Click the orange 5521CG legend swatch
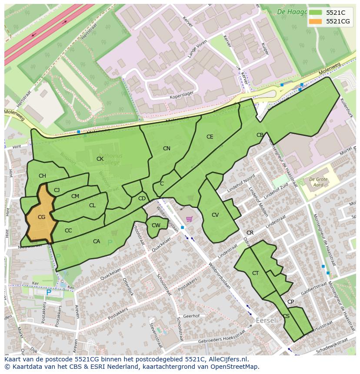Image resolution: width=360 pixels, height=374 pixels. pyautogui.click(x=316, y=21)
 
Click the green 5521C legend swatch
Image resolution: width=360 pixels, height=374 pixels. pyautogui.click(x=316, y=13)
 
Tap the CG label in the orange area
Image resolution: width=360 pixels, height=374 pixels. pyautogui.click(x=41, y=217)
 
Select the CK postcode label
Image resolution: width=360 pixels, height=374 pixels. pyautogui.click(x=100, y=159)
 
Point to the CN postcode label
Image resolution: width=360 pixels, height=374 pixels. pyautogui.click(x=167, y=149)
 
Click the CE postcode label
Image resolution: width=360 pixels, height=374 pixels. pyautogui.click(x=210, y=137)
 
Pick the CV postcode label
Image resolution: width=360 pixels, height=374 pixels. pyautogui.click(x=215, y=215)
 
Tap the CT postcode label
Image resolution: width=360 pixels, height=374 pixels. pyautogui.click(x=255, y=273)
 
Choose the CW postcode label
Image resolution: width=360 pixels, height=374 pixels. pyautogui.click(x=156, y=225)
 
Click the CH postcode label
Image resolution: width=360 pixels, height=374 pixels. pyautogui.click(x=42, y=176)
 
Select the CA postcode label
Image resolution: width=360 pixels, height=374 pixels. pyautogui.click(x=97, y=242)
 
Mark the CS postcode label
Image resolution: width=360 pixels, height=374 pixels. pyautogui.click(x=286, y=316)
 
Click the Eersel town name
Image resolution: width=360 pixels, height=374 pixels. pyautogui.click(x=266, y=320)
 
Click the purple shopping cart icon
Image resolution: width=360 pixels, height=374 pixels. pyautogui.click(x=189, y=219)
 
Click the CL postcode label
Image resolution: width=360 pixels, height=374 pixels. pyautogui.click(x=92, y=205)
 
